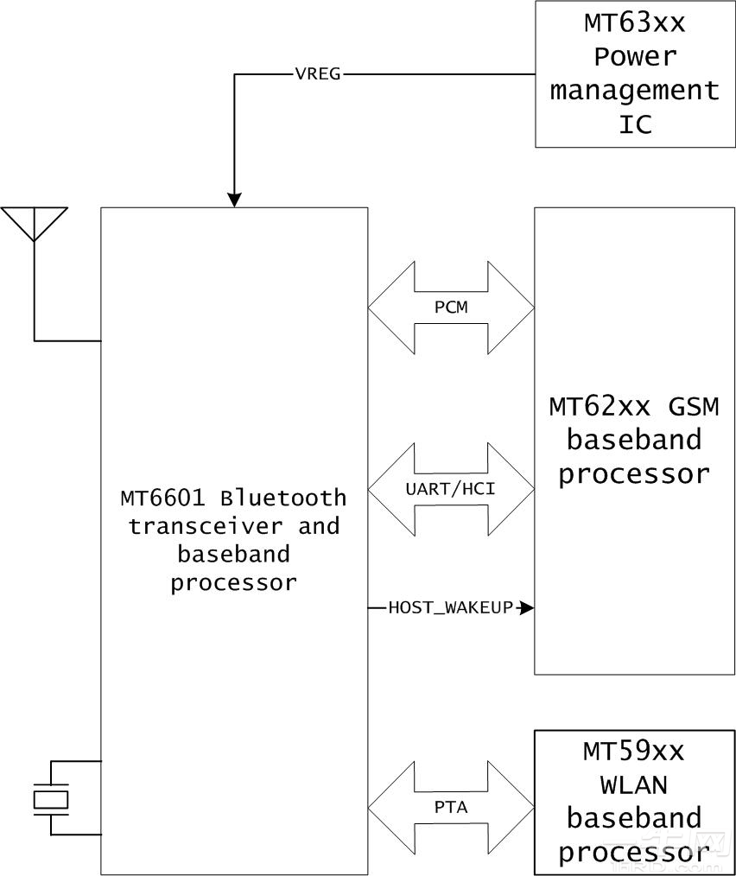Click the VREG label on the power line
318,74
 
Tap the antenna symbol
34,223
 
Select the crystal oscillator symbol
50,798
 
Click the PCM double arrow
451,308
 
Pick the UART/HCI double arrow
451,489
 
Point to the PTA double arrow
451,807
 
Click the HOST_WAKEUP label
450,608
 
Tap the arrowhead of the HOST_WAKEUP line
528,608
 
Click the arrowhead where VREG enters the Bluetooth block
234,200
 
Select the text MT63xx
634,23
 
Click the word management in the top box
634,91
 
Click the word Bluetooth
283,498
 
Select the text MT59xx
634,751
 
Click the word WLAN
634,784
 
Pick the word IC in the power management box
634,124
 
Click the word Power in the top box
634,57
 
